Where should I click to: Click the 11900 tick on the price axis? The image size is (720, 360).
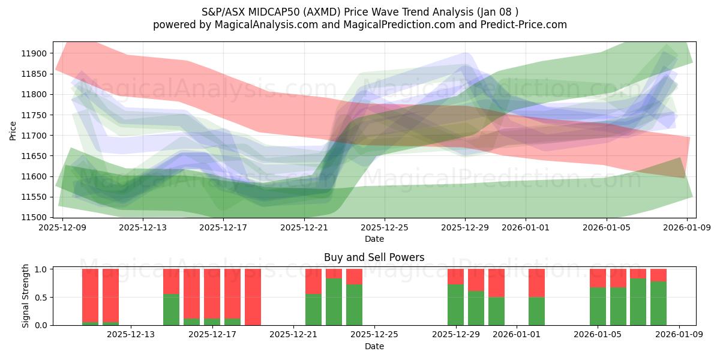tap(34, 53)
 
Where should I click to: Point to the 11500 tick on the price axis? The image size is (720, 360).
tap(34, 217)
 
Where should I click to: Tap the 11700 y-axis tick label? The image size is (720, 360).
tap(34, 136)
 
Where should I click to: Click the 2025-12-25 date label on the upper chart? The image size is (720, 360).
tap(385, 227)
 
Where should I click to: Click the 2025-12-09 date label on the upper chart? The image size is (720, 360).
tap(62, 227)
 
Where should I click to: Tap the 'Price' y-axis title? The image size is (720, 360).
tap(13, 130)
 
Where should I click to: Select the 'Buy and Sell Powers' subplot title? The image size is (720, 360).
tap(374, 257)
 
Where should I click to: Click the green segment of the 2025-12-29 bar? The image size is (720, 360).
tap(455, 305)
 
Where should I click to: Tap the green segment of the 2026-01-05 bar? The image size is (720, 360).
tap(598, 307)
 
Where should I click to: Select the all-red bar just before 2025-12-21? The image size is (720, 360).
tap(253, 297)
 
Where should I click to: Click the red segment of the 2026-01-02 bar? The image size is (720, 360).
tap(536, 283)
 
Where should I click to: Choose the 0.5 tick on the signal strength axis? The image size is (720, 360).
tap(41, 297)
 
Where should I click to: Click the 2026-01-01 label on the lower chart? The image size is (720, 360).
tap(515, 335)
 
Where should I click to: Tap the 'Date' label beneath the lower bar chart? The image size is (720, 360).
tap(374, 346)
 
